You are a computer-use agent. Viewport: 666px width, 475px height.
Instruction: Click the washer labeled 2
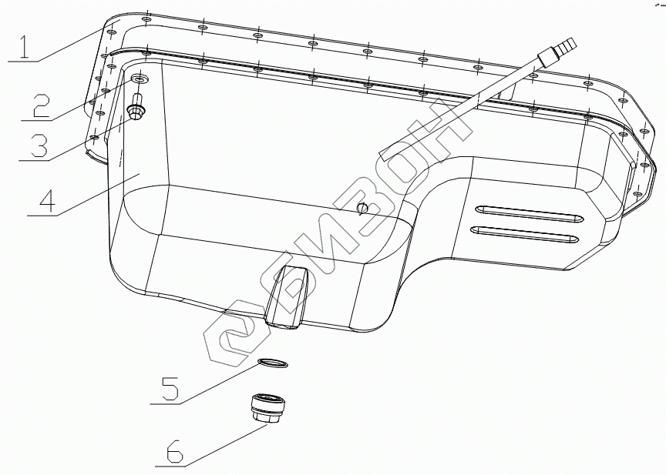140,79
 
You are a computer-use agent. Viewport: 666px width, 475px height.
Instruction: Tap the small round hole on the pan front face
362,208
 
